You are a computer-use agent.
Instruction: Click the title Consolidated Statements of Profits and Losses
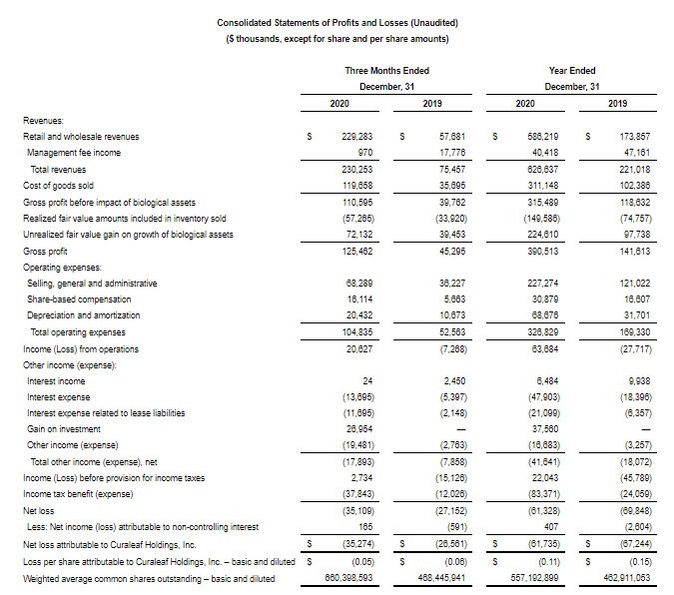[336, 22]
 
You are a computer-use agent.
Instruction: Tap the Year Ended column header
[572, 71]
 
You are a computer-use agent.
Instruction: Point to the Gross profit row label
[46, 253]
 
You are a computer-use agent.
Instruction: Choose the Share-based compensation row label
[79, 298]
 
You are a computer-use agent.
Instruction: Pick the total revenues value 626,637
[539, 168]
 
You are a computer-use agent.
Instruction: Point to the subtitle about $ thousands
[336, 39]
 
